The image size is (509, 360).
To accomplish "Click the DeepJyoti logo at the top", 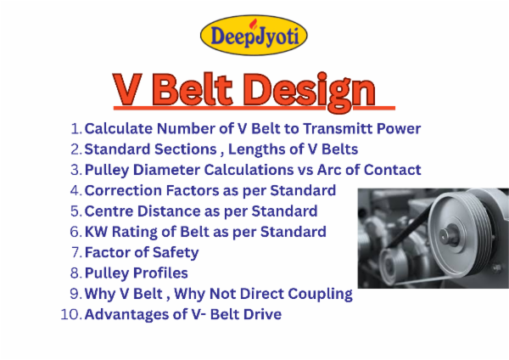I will click(x=254, y=36).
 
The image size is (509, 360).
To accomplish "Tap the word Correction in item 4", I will click(x=121, y=190).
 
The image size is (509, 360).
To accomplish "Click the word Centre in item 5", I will click(x=109, y=211).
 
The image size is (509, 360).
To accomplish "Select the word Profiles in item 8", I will click(x=159, y=273).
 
